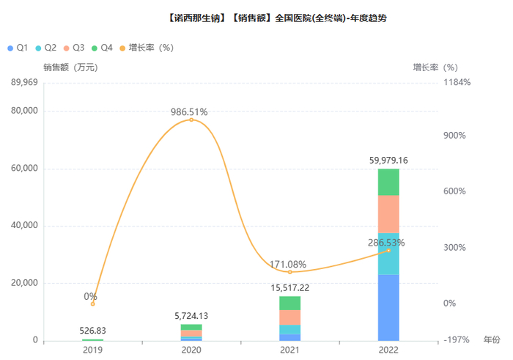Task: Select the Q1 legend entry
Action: click(x=18, y=47)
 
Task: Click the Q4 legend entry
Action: click(x=102, y=47)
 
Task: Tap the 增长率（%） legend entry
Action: click(x=146, y=47)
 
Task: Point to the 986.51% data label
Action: click(x=189, y=112)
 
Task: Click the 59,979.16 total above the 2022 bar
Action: click(x=388, y=160)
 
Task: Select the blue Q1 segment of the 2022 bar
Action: click(x=388, y=307)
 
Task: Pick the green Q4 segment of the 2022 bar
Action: click(x=388, y=182)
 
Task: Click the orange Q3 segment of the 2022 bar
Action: click(x=388, y=214)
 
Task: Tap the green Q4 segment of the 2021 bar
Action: click(x=289, y=303)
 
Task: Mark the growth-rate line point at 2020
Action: click(x=191, y=120)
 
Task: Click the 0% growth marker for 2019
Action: click(x=92, y=304)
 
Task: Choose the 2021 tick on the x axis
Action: click(x=289, y=350)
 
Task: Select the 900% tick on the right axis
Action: click(x=454, y=136)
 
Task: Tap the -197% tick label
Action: click(x=455, y=340)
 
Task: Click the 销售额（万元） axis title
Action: click(x=70, y=67)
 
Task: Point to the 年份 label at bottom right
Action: click(x=491, y=340)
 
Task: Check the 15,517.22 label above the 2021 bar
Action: click(x=289, y=288)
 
